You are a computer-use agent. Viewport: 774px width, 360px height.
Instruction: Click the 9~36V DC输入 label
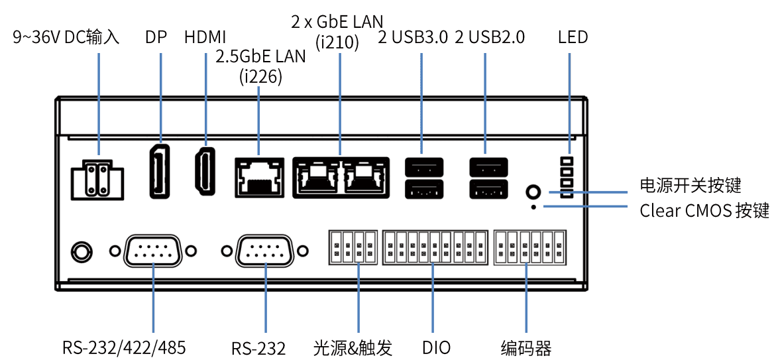pos(66,37)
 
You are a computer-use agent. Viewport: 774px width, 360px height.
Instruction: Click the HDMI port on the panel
pos(205,171)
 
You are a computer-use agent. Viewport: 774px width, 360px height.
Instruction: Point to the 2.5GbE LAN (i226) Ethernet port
pos(258,177)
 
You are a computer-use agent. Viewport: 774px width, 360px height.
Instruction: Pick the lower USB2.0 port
pos(488,190)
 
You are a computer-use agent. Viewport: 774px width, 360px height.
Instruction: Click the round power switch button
pos(533,192)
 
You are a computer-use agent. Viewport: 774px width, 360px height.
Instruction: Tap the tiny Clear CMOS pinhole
pos(534,208)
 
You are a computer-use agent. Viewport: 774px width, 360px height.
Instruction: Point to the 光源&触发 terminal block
pos(353,247)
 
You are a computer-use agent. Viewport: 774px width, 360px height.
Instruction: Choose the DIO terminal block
pos(435,247)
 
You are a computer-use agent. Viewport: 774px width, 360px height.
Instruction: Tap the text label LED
pos(573,37)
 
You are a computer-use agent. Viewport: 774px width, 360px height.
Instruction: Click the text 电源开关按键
pos(690,186)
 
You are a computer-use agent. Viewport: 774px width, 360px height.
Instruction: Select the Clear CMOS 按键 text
pos(704,211)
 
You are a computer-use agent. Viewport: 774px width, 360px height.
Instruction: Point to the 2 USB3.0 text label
pos(412,37)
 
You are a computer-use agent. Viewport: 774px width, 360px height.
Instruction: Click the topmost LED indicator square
pos(567,161)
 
